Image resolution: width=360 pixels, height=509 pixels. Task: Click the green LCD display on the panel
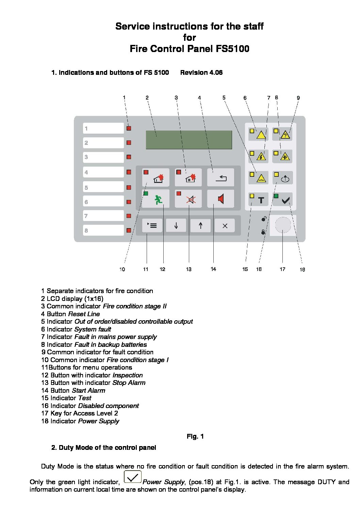[189, 140]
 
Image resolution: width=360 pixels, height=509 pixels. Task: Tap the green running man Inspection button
[156, 199]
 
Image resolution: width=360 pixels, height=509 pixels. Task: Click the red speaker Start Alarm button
[220, 199]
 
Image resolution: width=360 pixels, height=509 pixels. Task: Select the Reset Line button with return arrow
[220, 177]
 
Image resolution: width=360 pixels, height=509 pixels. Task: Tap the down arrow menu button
[176, 225]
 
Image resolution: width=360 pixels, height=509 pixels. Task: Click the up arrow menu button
[200, 225]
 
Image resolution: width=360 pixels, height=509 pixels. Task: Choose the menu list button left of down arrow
[152, 225]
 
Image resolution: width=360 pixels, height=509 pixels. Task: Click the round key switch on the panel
[283, 225]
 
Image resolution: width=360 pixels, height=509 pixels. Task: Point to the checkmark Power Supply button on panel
[283, 200]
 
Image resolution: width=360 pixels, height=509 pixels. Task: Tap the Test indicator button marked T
[259, 200]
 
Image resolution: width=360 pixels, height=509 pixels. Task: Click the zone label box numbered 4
[103, 172]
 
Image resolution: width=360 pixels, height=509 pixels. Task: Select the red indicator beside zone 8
[129, 231]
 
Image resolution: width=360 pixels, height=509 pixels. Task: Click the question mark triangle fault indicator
[282, 134]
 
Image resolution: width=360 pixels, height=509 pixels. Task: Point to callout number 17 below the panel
[282, 269]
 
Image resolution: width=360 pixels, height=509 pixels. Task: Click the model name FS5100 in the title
[232, 49]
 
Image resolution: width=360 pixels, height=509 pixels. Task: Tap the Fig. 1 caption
[195, 436]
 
